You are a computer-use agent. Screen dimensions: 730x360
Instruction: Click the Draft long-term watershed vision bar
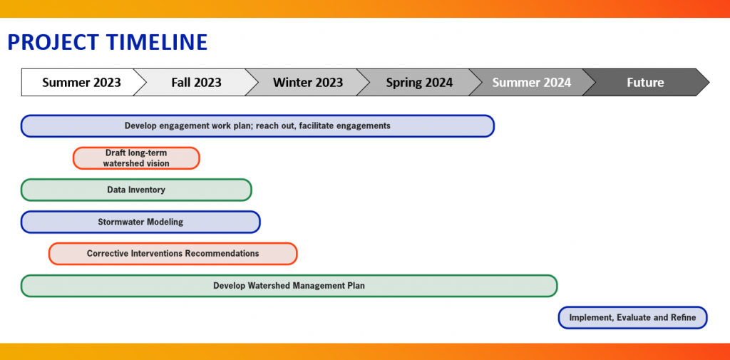(136, 158)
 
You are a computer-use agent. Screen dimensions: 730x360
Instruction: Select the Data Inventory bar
(136, 190)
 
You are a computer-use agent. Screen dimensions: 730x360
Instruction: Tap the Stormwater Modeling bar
(140, 222)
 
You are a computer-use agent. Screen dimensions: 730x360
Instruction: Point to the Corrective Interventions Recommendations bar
(173, 254)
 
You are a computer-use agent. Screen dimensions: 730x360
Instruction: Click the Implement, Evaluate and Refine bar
(633, 318)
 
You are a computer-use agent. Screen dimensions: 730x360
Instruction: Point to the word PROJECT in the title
(54, 42)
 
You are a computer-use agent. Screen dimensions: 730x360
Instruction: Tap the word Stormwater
(120, 222)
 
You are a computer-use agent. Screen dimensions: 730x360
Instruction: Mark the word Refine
(684, 318)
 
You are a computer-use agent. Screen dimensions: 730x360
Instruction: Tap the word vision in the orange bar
(158, 163)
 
